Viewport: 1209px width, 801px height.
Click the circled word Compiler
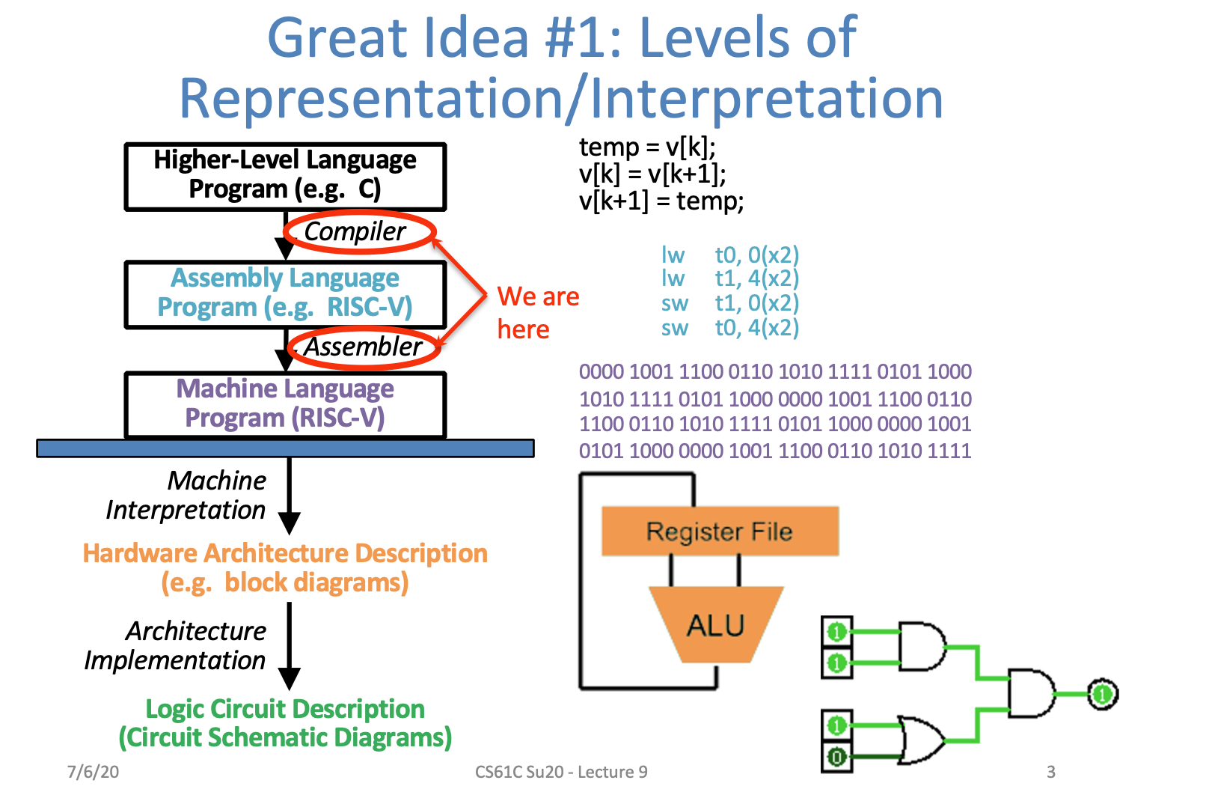(x=355, y=232)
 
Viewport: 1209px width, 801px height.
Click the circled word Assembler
(x=364, y=347)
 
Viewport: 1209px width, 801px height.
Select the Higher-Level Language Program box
(x=285, y=176)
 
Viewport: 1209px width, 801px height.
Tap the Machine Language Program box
(x=285, y=404)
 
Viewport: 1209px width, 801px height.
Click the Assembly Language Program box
(x=285, y=293)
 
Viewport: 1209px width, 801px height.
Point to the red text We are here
(x=537, y=313)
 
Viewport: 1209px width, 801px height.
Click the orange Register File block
(x=719, y=532)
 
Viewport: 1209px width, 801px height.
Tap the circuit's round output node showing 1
(x=1101, y=695)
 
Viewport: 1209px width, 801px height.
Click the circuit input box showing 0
(x=836, y=757)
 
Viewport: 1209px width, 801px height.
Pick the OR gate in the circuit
(x=920, y=740)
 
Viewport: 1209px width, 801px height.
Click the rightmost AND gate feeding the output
(x=1031, y=694)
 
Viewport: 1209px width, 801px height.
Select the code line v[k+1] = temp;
(x=661, y=201)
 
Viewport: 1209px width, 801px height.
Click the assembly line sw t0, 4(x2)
(x=729, y=328)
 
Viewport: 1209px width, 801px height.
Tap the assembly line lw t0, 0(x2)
(x=729, y=255)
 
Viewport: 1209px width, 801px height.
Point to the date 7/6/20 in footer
(x=93, y=772)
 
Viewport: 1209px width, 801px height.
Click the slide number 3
(x=1050, y=772)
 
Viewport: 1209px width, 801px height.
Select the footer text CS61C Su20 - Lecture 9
(x=561, y=772)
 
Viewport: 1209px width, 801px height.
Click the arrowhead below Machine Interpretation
(x=290, y=522)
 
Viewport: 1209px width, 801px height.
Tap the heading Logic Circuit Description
(x=285, y=708)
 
